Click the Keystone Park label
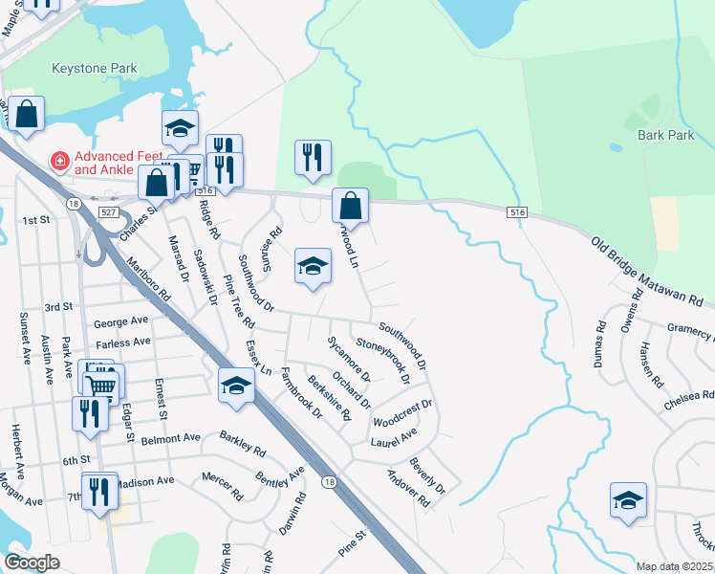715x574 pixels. point(96,69)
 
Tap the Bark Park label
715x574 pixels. point(665,136)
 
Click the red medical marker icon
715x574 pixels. point(60,161)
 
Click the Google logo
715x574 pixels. point(32,563)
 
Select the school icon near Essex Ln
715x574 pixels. point(236,386)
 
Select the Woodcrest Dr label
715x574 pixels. point(402,412)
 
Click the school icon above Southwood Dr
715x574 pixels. point(313,267)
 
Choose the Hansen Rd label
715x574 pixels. point(653,364)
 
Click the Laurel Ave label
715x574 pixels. point(395,436)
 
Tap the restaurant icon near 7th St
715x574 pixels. point(99,491)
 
